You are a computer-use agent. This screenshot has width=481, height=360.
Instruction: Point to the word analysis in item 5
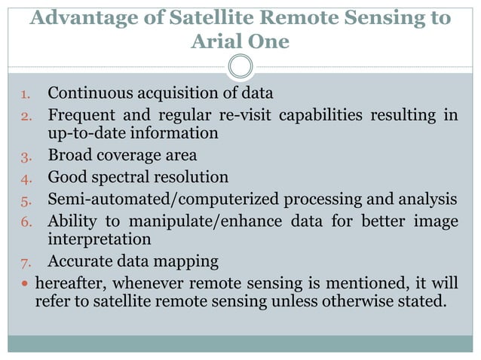429,200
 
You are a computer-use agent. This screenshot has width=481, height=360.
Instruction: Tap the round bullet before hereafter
23,284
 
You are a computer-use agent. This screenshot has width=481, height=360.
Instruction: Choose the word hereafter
69,283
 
